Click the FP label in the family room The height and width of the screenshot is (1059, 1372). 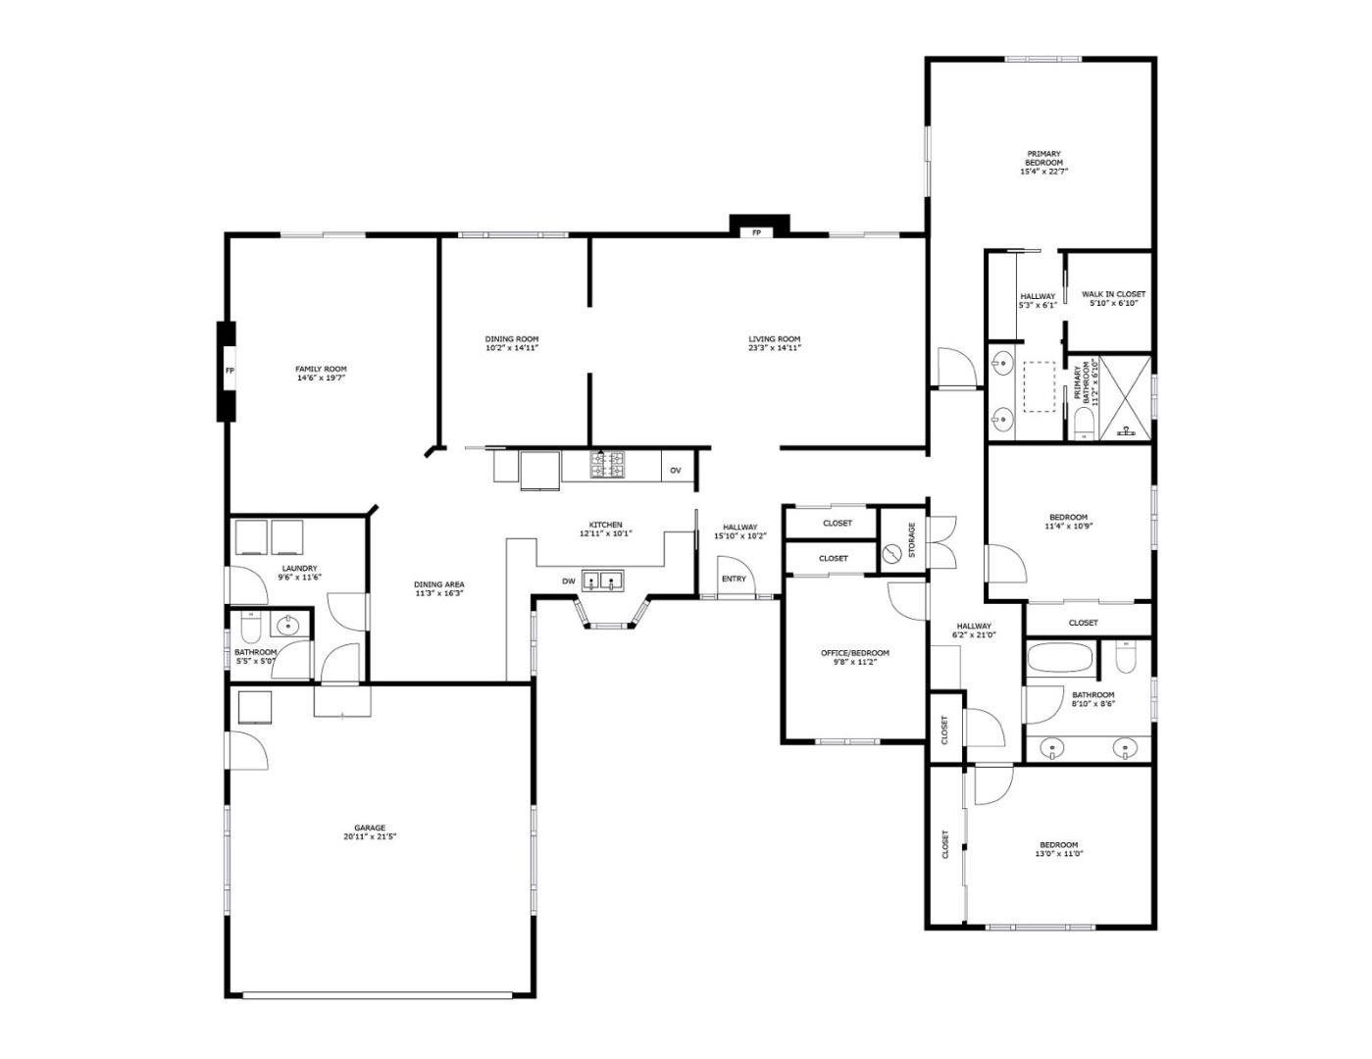[x=229, y=371]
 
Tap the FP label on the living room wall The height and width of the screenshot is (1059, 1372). [x=756, y=232]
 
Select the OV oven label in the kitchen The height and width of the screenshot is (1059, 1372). [x=676, y=470]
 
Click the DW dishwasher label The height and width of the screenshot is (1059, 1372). [x=569, y=581]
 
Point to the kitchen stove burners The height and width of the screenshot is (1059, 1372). [x=607, y=465]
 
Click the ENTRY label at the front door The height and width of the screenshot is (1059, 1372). [x=734, y=579]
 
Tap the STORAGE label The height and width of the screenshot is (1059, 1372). [x=912, y=539]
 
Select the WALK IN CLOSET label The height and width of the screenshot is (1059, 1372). [x=1113, y=294]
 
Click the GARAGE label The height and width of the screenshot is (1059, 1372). [x=370, y=828]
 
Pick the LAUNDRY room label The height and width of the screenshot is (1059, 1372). [x=299, y=568]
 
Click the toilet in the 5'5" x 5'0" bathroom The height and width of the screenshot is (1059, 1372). [x=251, y=626]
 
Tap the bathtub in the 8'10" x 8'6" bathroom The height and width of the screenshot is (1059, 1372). [x=1059, y=658]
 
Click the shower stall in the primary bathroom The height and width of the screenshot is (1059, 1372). [x=1125, y=397]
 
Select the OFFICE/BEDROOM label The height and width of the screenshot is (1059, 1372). [x=855, y=653]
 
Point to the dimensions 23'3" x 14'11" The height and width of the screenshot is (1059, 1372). [x=775, y=347]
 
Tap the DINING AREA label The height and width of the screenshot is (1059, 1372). [x=439, y=584]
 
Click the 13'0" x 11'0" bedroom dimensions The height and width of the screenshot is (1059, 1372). [x=1059, y=853]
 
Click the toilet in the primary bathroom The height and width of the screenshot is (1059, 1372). [x=1084, y=424]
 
